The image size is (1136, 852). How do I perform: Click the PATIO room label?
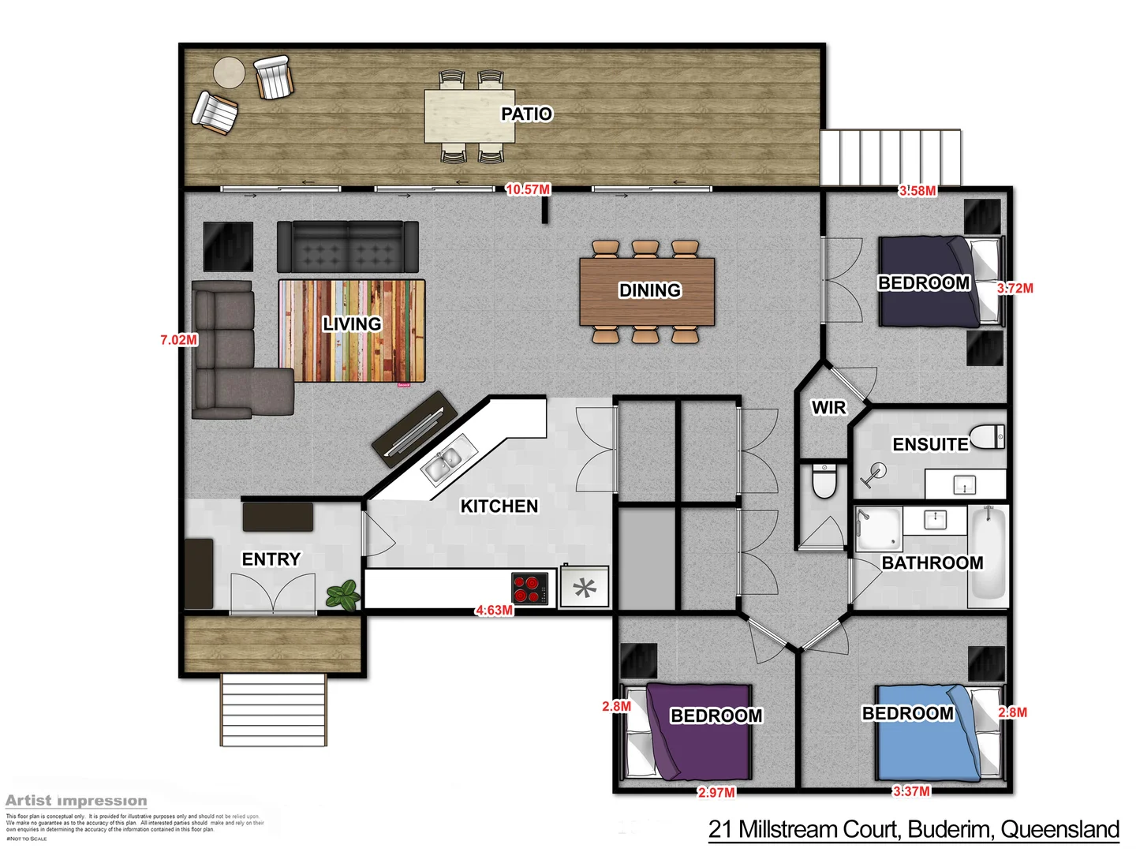tap(526, 114)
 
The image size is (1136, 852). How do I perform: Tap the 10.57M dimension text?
tap(528, 189)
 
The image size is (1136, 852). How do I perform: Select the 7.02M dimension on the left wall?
tap(179, 340)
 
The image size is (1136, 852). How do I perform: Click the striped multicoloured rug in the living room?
tap(352, 331)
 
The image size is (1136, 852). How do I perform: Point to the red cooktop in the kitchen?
tap(529, 588)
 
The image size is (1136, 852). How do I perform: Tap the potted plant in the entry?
tap(344, 594)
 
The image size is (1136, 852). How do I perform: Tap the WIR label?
tap(828, 408)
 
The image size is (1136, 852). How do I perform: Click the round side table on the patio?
tap(230, 73)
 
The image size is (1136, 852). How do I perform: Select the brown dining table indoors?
tap(647, 291)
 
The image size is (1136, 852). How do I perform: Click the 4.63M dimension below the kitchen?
tap(494, 610)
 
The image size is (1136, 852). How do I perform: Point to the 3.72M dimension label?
tap(1015, 289)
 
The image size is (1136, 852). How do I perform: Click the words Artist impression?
tap(76, 801)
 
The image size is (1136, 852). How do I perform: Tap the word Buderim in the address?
tap(951, 830)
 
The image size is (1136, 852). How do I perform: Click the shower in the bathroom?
tap(878, 529)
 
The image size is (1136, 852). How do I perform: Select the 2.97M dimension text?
tap(716, 792)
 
